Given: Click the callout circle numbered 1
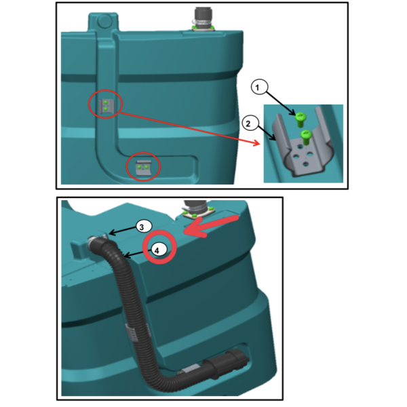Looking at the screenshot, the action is coord(259,87).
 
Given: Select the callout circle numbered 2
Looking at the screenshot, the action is coord(250,123).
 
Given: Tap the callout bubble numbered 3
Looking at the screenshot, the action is coord(142,227).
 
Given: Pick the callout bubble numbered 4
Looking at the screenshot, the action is coord(157,250).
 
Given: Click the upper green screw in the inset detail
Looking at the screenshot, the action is coord(300,119).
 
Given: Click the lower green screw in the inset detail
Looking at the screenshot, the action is coord(305,137).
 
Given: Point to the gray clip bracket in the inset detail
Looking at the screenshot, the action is coord(303,145).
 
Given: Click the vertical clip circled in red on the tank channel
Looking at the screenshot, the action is coord(106,106).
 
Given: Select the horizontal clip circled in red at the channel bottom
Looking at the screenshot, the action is coord(143,168).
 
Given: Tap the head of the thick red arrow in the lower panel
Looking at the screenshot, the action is coord(192,231).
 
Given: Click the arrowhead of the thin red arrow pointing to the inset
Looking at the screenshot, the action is coord(256,143).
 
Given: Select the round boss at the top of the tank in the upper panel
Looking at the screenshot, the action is coord(104,21).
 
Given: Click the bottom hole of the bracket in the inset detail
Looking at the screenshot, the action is coord(307,164).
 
